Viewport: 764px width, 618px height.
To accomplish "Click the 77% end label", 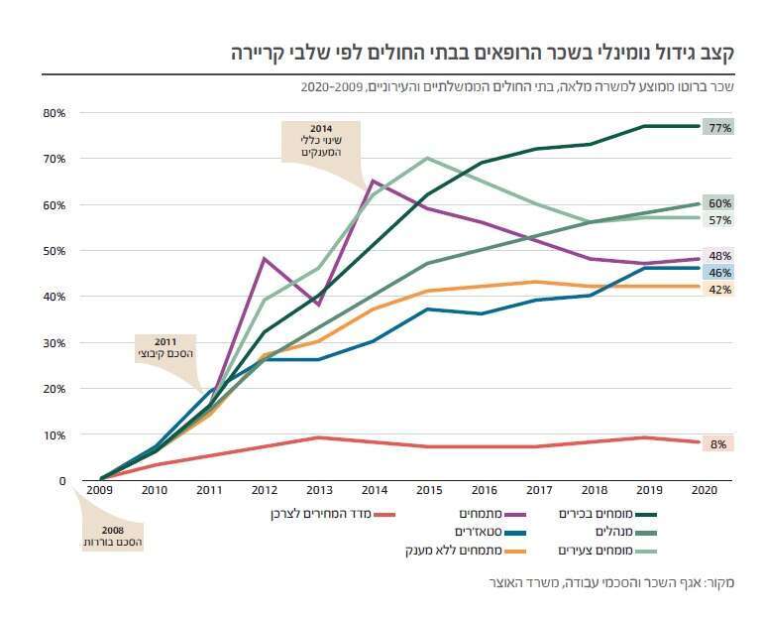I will (718, 127).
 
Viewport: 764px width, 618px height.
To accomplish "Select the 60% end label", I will (718, 203).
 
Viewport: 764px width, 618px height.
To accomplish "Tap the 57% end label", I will (718, 219).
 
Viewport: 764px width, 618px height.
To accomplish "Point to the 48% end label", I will (718, 254).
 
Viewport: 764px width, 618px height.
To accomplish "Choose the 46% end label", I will (718, 272).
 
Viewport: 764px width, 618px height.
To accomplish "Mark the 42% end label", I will (718, 290).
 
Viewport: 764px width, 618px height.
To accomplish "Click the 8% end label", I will (718, 443).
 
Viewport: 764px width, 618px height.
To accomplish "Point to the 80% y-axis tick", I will (54, 113).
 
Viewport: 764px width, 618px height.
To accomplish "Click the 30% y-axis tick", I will (54, 342).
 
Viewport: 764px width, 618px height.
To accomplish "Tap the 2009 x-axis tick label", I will (99, 490).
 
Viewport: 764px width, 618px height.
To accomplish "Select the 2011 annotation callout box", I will (164, 348).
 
